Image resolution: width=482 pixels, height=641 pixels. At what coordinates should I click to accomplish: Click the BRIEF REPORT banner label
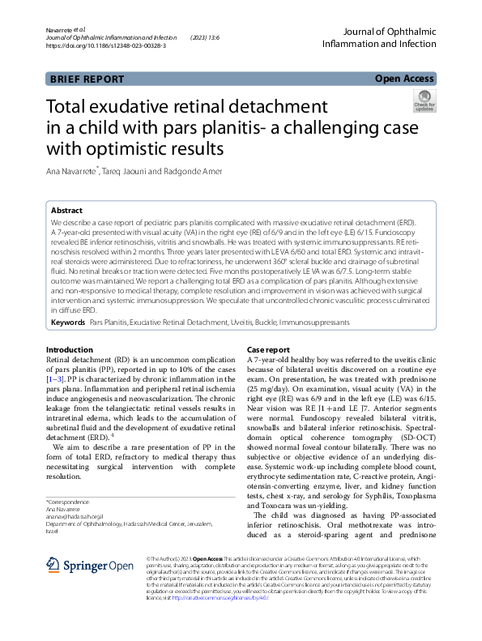(x=87, y=79)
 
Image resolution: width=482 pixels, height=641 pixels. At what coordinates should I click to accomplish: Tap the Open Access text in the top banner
(x=404, y=79)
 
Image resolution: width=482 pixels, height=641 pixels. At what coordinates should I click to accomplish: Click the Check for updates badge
(x=424, y=102)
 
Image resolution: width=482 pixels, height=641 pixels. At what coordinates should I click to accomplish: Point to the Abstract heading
(x=67, y=209)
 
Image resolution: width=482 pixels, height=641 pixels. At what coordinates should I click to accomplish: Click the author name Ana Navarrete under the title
(x=72, y=171)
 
